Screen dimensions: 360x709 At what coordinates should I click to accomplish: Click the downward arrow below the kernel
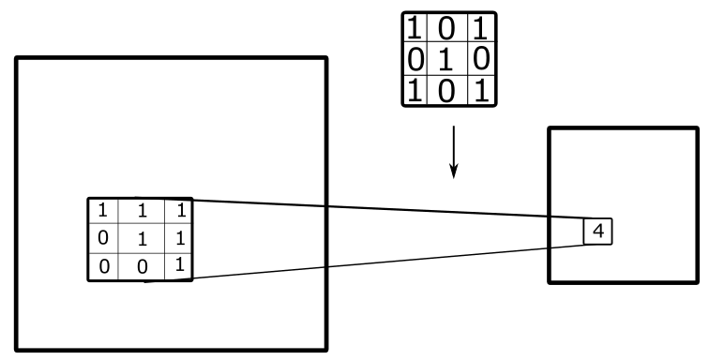(x=454, y=151)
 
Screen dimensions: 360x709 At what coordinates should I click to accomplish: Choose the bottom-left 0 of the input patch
(x=104, y=266)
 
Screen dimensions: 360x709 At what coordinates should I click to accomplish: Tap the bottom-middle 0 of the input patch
(x=141, y=266)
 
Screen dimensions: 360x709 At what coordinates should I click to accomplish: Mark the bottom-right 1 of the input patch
(x=178, y=265)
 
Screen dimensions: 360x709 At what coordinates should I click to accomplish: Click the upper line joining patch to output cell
(x=385, y=208)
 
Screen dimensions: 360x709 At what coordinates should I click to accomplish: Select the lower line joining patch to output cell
(x=385, y=262)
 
